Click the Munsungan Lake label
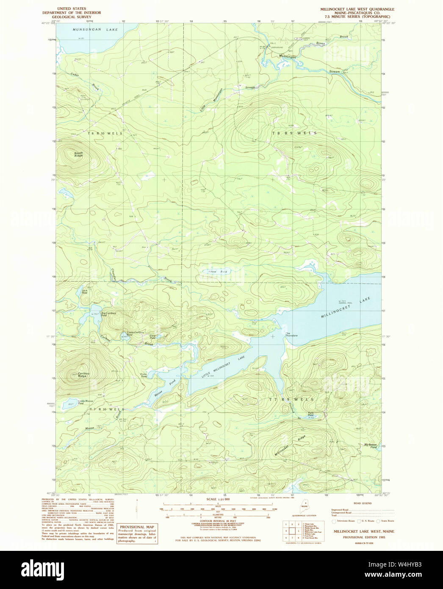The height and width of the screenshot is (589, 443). [89, 30]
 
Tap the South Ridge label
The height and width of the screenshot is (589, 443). [78, 155]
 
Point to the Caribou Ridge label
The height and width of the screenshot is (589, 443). [82, 375]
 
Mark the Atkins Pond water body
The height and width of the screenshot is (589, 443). [210, 272]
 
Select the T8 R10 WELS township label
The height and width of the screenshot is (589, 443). [105, 133]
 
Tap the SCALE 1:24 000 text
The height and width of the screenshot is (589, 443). [218, 500]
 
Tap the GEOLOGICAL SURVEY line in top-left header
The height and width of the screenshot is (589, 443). [79, 17]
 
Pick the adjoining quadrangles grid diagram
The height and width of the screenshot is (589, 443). [291, 530]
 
